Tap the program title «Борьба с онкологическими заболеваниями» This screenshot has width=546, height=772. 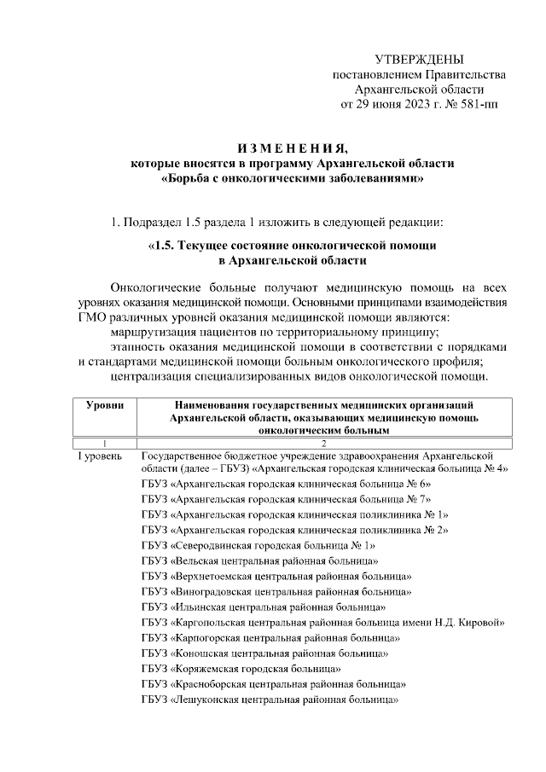point(292,178)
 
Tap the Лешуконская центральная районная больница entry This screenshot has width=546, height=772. point(271,699)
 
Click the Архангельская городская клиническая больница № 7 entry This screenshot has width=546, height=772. point(286,499)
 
